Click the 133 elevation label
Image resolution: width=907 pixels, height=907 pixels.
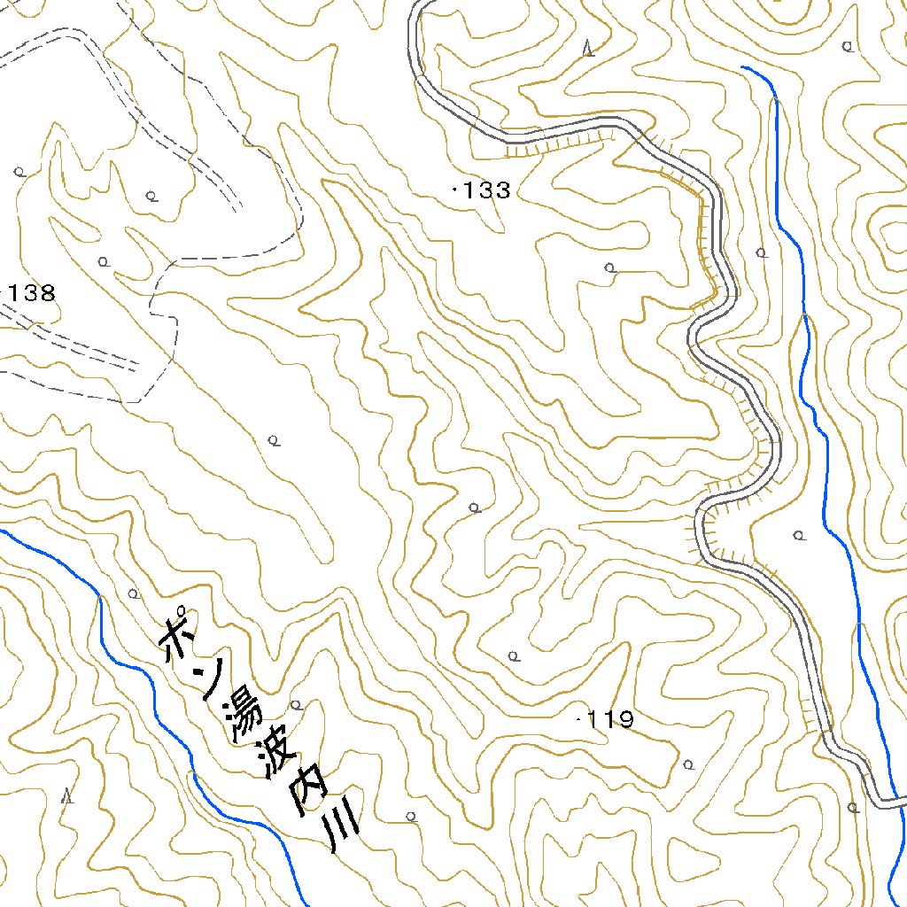(x=486, y=190)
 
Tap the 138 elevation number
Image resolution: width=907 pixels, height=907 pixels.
(x=34, y=293)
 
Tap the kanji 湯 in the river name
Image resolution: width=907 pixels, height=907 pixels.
(x=245, y=715)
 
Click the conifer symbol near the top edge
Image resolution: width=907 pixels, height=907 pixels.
(x=589, y=49)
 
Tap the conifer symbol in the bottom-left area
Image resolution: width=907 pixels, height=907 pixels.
(x=66, y=795)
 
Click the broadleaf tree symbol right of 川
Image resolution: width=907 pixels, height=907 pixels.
(x=411, y=816)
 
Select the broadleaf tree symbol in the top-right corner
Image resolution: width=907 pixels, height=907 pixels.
(x=849, y=45)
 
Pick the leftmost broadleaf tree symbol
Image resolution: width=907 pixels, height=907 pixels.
(x=19, y=172)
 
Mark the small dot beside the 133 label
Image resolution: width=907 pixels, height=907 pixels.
(x=455, y=189)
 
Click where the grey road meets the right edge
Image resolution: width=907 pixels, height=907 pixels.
(x=903, y=802)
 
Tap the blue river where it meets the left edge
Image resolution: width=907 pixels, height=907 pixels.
(x=3, y=531)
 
